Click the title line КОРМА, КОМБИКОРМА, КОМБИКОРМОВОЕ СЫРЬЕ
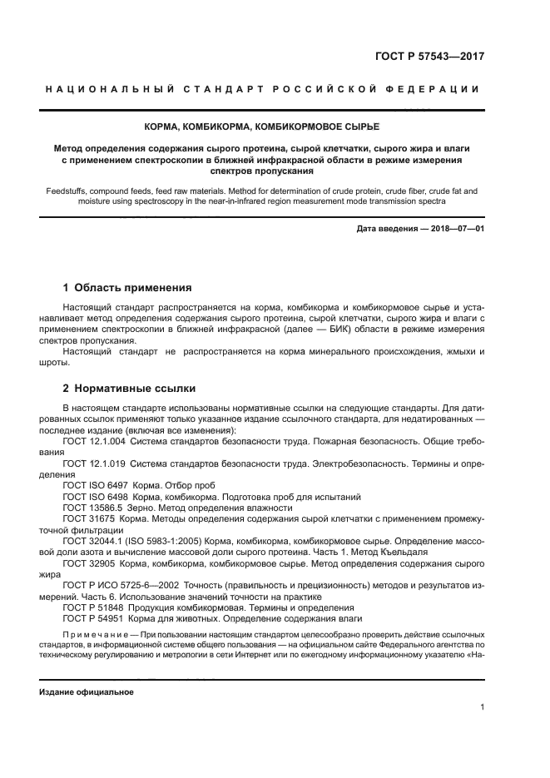coord(275,126)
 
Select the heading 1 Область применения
coord(127,287)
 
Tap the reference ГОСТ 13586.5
coord(93,507)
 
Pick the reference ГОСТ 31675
coord(89,518)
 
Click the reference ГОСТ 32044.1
coord(93,540)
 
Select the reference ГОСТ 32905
coord(89,562)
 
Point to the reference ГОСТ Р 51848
coord(93,607)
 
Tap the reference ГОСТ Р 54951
coord(93,618)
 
